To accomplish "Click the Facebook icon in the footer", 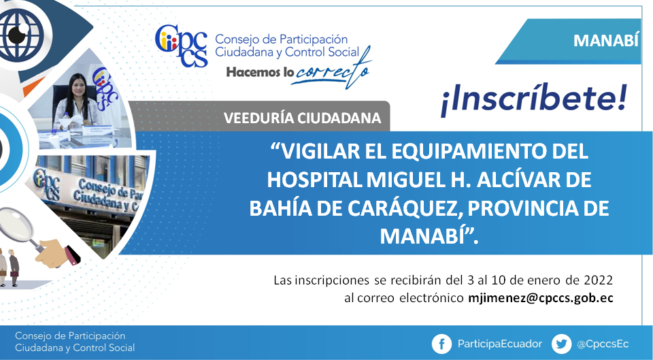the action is pos(442,344).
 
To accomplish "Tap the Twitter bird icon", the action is pos(561,344).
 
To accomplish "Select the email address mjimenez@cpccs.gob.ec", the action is pos(541,298).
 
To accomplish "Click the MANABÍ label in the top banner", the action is pos(605,41).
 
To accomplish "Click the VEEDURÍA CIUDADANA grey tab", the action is pos(302,118).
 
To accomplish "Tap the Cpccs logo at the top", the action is pos(181,46).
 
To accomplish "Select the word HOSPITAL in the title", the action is pos(314,180).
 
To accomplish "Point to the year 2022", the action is pos(599,280).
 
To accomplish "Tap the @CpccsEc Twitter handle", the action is pos(603,344).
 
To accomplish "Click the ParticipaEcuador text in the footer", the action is pos(500,344).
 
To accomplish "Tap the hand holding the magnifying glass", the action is pos(58,253).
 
